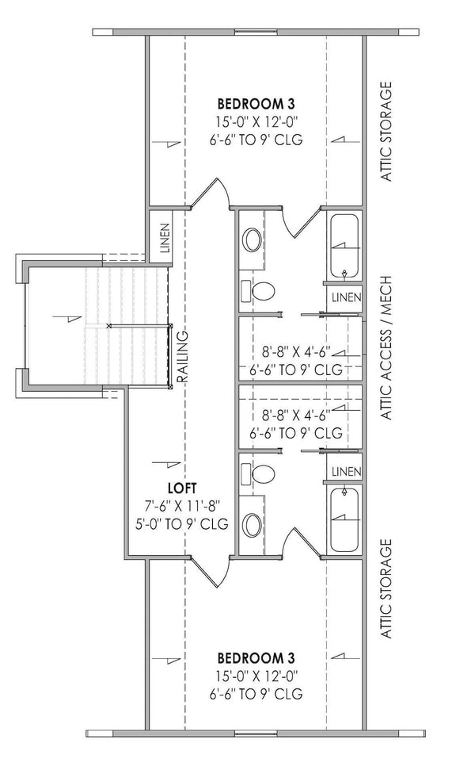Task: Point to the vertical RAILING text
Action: pos(182,357)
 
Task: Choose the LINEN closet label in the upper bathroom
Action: pos(346,297)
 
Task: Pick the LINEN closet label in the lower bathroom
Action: pos(346,472)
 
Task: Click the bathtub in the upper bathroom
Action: pos(344,245)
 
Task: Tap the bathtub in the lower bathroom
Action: pos(344,519)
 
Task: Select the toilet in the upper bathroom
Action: pos(263,291)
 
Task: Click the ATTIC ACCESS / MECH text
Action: pos(387,348)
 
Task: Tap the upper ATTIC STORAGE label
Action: pos(387,131)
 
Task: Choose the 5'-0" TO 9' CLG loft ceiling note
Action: pos(182,524)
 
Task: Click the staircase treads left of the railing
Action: pos(135,325)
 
